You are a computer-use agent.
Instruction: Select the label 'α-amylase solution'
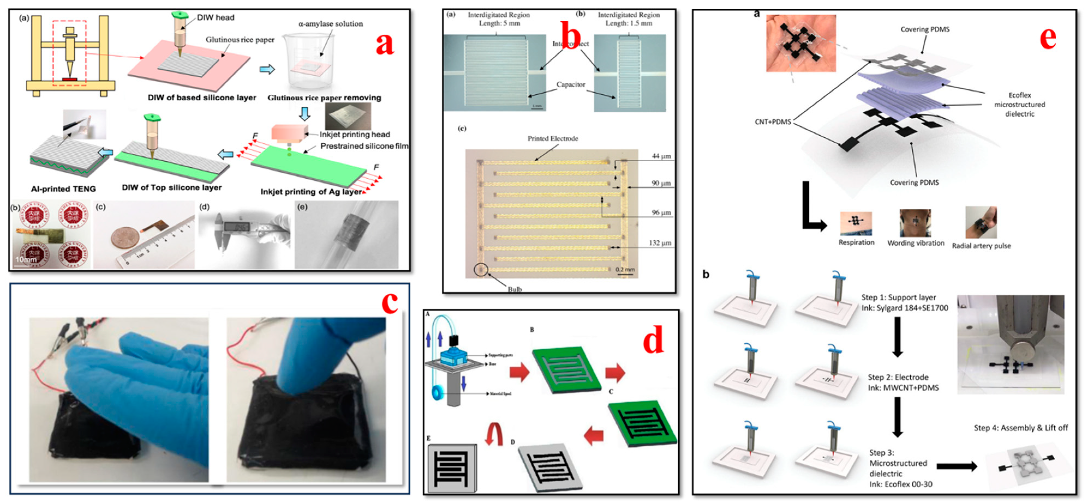(x=330, y=24)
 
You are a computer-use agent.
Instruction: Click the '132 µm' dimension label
(x=660, y=243)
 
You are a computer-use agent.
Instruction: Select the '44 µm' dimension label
(x=661, y=156)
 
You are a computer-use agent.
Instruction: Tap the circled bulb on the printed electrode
(x=480, y=269)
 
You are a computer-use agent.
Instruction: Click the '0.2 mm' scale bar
(x=625, y=270)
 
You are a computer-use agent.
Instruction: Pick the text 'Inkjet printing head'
(x=355, y=135)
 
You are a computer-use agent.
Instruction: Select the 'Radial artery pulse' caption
(x=981, y=246)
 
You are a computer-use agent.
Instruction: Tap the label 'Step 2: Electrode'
(x=898, y=377)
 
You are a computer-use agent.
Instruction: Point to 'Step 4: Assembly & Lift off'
(x=1020, y=428)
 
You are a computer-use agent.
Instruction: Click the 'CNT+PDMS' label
(x=772, y=122)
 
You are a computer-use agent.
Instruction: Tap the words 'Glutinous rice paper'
(x=240, y=40)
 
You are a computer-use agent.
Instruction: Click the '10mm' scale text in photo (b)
(x=26, y=259)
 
